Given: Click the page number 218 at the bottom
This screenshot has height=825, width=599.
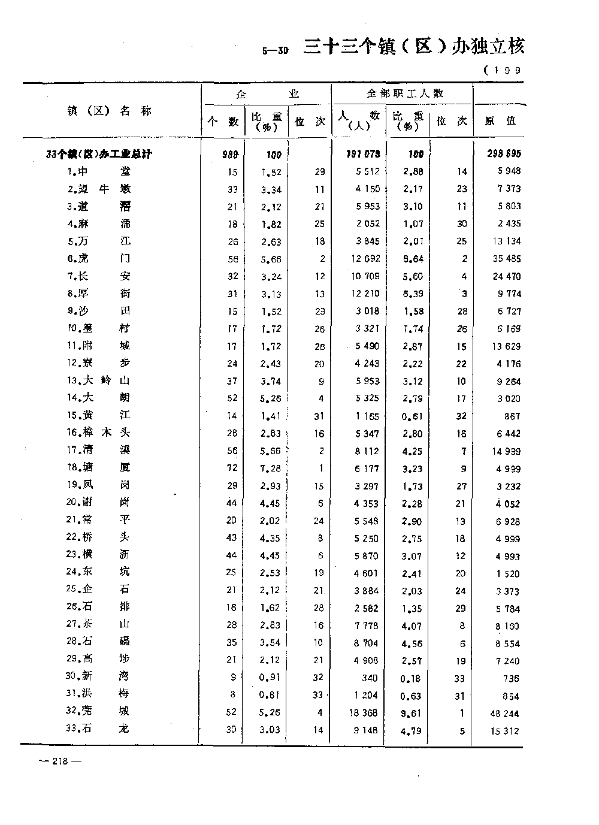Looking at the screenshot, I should (x=59, y=761).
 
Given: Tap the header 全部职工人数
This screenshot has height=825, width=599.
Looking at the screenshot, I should (x=405, y=93).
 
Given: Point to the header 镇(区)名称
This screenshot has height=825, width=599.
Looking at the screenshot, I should (x=110, y=111).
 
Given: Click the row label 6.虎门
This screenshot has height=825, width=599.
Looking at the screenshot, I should (x=98, y=258).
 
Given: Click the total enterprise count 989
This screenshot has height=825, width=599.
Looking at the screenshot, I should (x=230, y=155).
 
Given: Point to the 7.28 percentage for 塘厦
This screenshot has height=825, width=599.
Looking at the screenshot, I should (x=270, y=469).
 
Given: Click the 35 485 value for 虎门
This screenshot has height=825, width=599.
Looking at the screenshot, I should (x=505, y=259).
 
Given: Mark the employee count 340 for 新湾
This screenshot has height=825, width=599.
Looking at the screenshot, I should (x=370, y=678).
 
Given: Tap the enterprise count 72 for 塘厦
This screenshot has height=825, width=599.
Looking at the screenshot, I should (x=232, y=468).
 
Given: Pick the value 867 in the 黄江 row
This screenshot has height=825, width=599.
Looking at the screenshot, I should (x=512, y=416).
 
